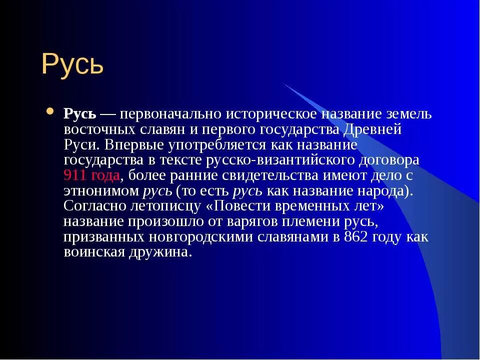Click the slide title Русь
click(72, 64)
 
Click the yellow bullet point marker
click(50, 111)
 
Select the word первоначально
click(170, 114)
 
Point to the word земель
click(409, 114)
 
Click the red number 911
click(76, 175)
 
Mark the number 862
click(355, 237)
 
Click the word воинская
click(94, 252)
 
